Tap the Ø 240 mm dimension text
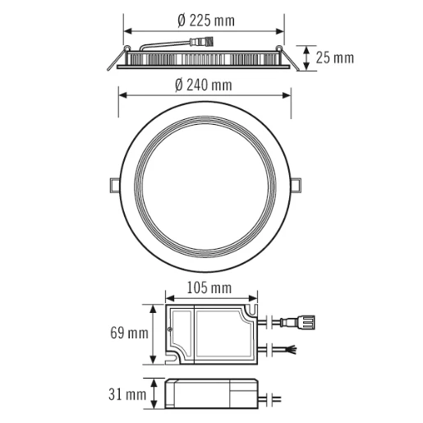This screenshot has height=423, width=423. (203, 85)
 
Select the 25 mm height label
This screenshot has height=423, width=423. (334, 57)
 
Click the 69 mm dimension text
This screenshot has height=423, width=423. (129, 333)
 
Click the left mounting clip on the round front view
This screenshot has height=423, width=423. (113, 184)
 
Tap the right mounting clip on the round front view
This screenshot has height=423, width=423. (297, 184)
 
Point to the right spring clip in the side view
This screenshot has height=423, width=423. (289, 57)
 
